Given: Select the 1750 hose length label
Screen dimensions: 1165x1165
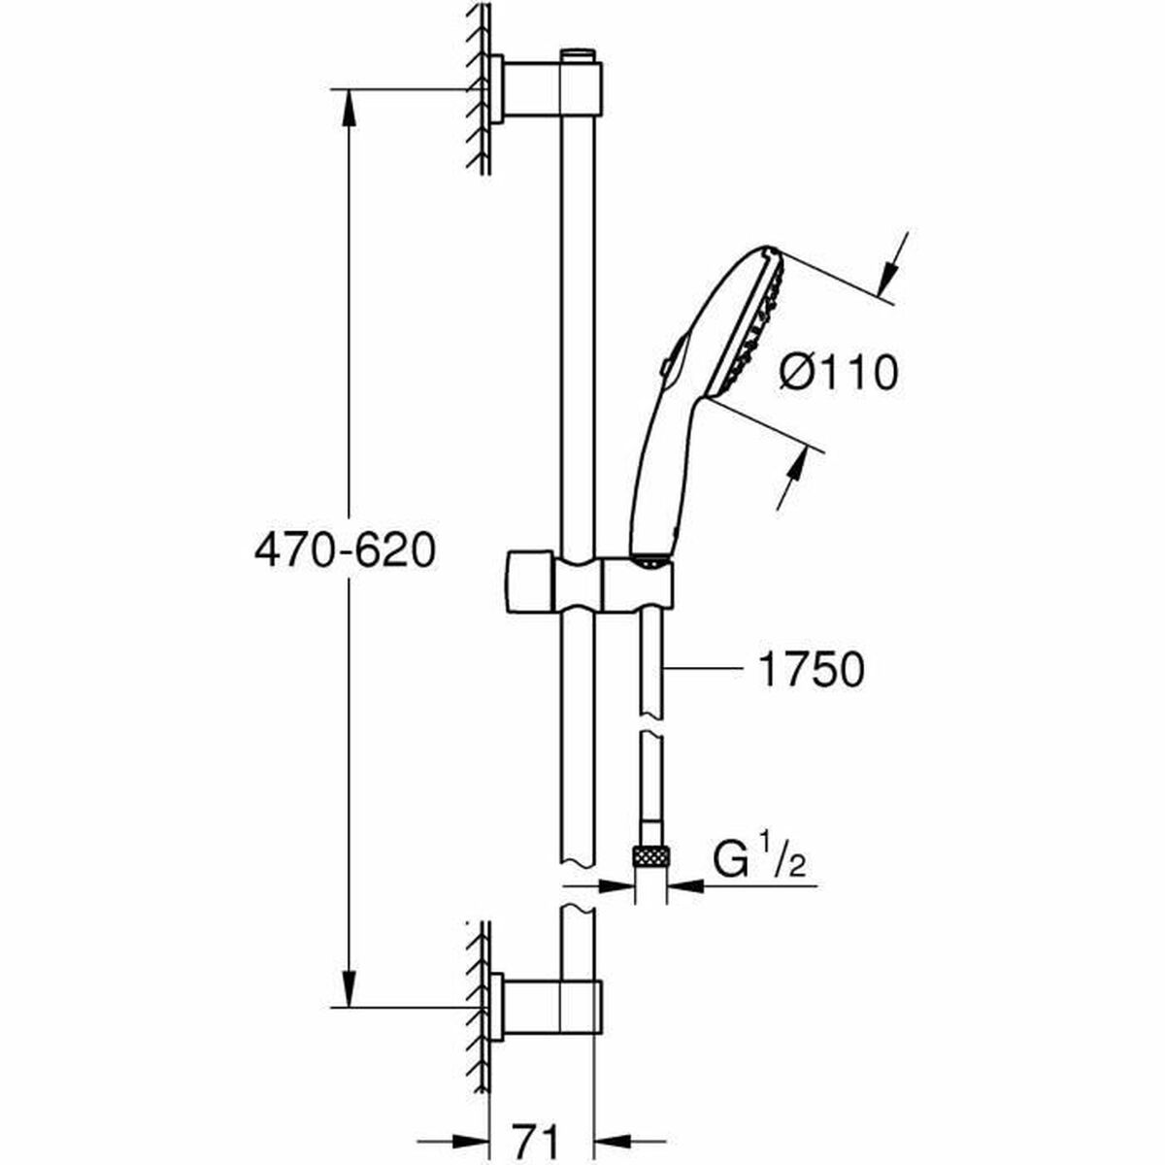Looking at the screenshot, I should (x=810, y=670).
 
